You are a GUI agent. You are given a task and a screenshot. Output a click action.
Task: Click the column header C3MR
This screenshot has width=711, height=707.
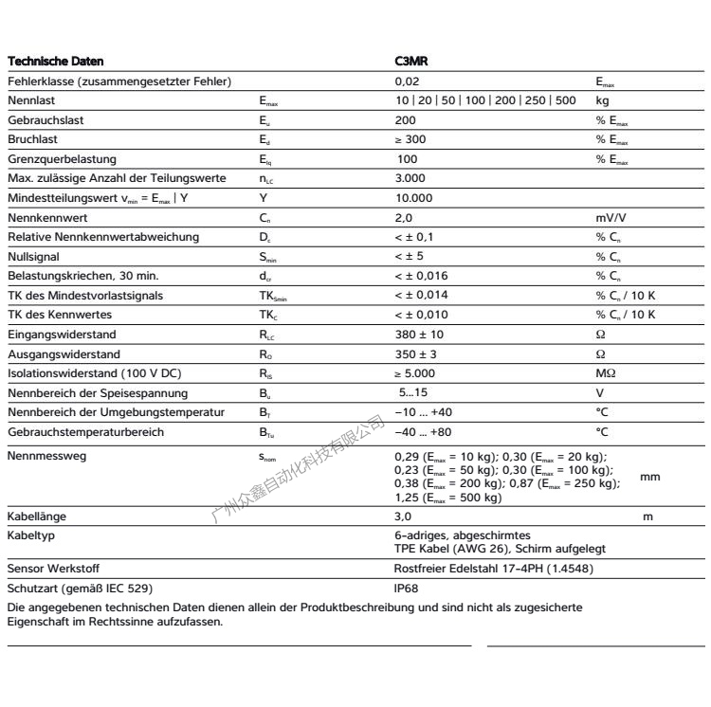click(x=411, y=62)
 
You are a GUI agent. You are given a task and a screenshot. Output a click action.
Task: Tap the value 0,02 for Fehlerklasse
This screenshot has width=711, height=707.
click(x=406, y=82)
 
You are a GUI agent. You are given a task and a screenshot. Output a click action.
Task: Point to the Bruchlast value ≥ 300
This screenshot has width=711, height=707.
click(x=410, y=139)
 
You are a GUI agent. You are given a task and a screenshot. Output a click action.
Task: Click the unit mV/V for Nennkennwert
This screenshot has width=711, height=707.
click(x=612, y=217)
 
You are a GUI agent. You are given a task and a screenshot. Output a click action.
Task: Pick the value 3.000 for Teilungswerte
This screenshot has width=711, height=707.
click(x=410, y=178)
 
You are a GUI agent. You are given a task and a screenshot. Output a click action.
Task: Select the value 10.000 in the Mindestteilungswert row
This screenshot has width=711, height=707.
click(x=412, y=198)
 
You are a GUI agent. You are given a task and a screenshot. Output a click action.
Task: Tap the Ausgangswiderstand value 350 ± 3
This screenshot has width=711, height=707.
click(x=414, y=353)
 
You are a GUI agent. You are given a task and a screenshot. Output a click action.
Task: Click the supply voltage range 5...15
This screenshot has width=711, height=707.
click(x=413, y=392)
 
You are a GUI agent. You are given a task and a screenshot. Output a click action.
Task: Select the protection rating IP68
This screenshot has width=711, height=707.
click(x=406, y=588)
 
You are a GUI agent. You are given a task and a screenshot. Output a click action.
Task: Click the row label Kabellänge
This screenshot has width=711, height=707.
click(x=35, y=517)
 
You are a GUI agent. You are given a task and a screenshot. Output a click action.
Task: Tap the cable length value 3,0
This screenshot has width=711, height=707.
click(x=403, y=517)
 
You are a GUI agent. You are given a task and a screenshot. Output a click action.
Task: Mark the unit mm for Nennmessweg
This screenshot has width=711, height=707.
click(x=650, y=477)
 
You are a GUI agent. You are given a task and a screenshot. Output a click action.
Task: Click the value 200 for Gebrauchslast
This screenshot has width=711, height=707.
click(x=405, y=120)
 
